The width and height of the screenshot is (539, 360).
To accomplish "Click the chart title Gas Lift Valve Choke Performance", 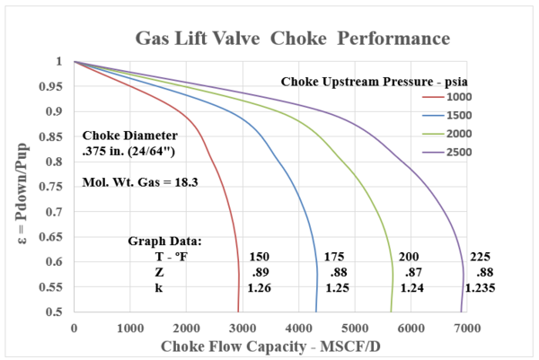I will (x=292, y=39).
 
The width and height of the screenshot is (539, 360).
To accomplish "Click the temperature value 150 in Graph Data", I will (x=259, y=256).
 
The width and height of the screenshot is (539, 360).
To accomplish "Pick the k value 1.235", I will (x=480, y=288).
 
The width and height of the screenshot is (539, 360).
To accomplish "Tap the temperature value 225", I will (x=482, y=256).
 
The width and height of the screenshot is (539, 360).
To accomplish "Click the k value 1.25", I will (x=333, y=288).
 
